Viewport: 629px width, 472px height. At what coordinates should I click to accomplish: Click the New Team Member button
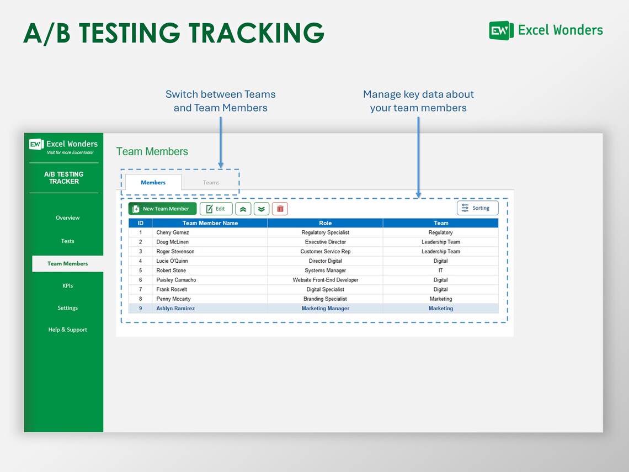point(162,209)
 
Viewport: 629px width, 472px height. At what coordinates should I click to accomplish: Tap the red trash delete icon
point(280,209)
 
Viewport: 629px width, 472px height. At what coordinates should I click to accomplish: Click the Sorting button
point(477,208)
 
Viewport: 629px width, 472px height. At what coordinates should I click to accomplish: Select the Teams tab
point(211,183)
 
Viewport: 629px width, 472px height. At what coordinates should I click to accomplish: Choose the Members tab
point(153,183)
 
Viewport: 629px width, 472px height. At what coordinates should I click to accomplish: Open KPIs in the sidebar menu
point(67,286)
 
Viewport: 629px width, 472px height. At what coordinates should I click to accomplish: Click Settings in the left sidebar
point(67,308)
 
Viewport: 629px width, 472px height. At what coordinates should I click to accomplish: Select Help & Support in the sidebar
point(67,330)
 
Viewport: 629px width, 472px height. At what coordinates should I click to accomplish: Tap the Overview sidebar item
point(67,218)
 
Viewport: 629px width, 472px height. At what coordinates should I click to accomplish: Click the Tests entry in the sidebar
point(67,241)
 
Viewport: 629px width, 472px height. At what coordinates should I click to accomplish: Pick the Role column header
point(325,223)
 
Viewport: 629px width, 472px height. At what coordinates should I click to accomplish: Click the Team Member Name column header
point(210,223)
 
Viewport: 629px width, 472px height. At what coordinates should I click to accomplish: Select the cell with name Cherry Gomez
point(173,232)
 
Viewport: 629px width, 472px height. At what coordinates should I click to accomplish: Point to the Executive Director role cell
point(325,242)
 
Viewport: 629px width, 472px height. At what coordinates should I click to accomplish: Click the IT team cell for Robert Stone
point(440,271)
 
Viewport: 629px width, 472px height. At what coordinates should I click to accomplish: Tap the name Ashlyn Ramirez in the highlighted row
point(175,309)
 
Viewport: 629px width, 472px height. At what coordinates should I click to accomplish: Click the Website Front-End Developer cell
point(325,280)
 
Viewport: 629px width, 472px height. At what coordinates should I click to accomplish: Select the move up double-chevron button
point(243,209)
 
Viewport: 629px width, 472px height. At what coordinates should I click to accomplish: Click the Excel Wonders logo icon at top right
point(501,30)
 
